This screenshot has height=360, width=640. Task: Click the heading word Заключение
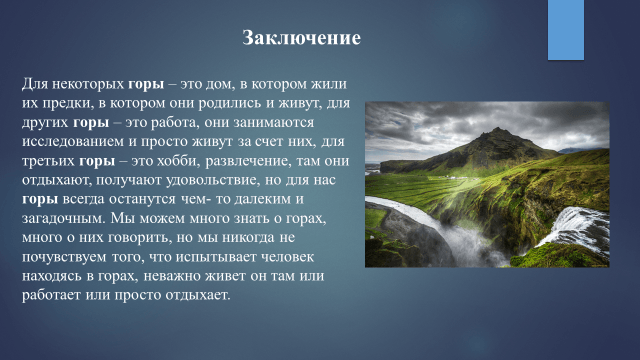pos(301,39)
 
